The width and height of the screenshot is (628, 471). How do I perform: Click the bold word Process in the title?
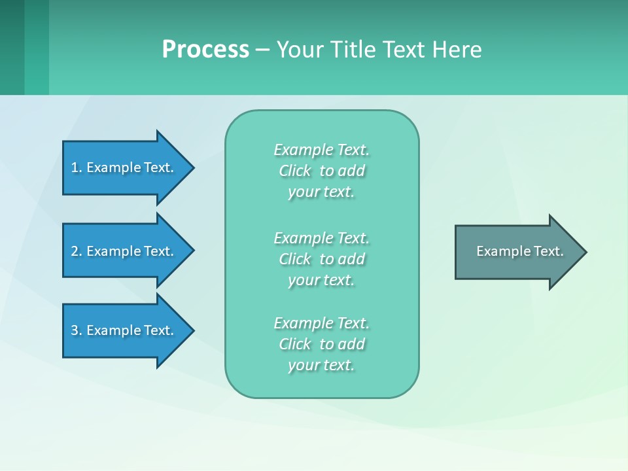click(205, 50)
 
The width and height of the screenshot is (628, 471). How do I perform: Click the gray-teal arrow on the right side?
click(517, 252)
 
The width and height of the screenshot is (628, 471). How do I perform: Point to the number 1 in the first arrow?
click(75, 167)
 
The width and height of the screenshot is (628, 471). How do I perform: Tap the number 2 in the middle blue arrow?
click(75, 251)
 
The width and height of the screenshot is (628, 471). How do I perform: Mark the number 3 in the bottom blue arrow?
click(75, 330)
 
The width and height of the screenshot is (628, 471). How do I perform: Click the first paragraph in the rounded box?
click(321, 171)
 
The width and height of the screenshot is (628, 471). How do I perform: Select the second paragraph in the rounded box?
click(321, 259)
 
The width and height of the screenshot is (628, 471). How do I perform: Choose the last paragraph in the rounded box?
click(321, 344)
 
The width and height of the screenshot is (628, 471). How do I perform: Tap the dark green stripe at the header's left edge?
click(12, 47)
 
